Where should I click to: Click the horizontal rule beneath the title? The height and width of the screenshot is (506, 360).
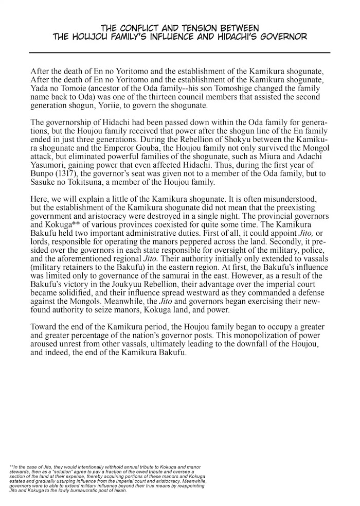click(179, 53)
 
